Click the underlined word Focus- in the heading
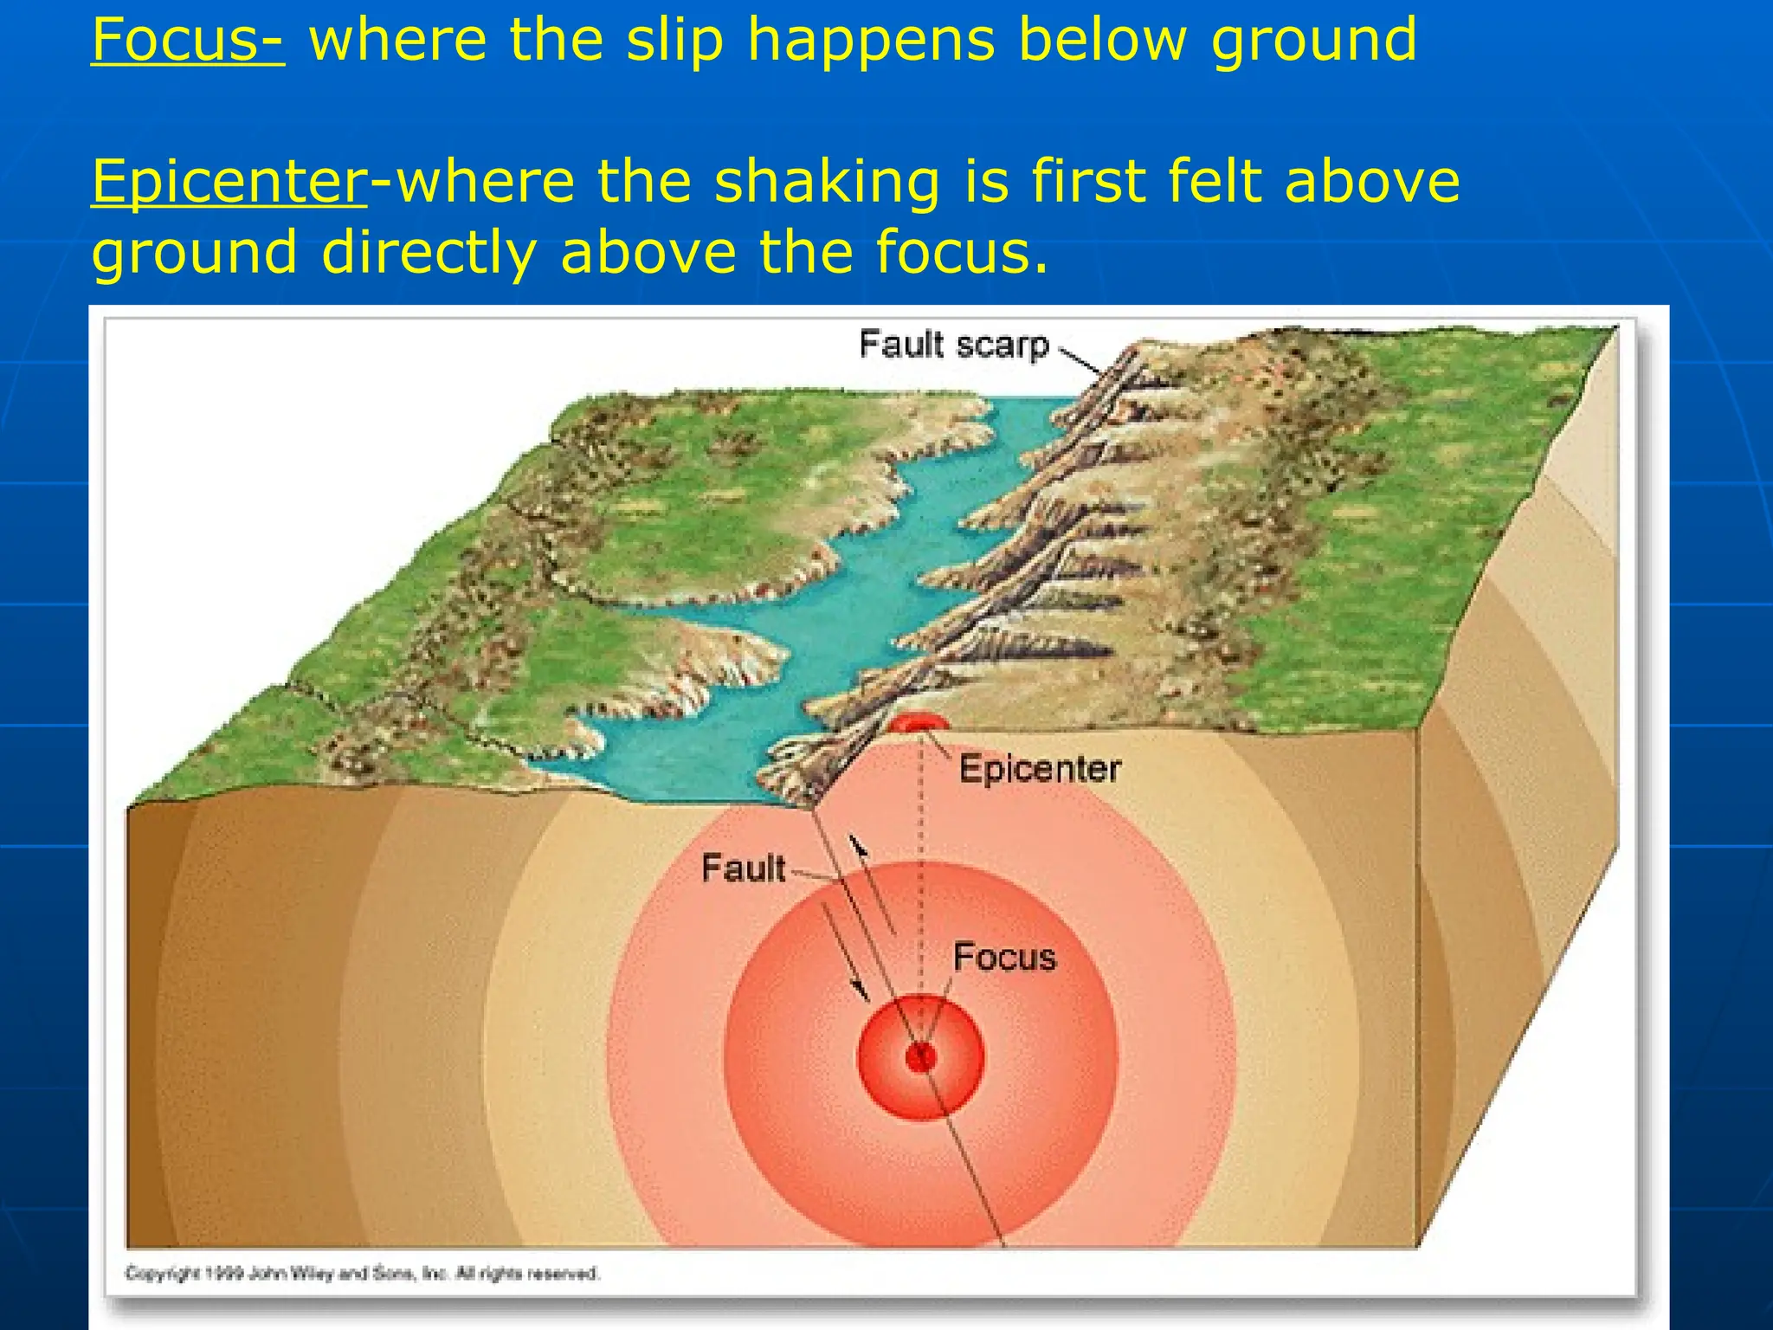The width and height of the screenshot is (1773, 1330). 187,40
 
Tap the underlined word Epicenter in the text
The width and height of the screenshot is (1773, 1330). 229,182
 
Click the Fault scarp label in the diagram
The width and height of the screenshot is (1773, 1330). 954,345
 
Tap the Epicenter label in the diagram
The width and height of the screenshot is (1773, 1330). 1040,769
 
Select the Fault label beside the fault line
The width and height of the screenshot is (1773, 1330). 743,868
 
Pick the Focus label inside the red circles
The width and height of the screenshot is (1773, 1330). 1004,958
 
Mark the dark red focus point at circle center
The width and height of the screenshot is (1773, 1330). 920,1056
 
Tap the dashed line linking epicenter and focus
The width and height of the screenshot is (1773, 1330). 921,866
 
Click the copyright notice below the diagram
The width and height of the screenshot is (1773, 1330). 362,1274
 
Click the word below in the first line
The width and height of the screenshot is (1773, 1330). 1104,40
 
